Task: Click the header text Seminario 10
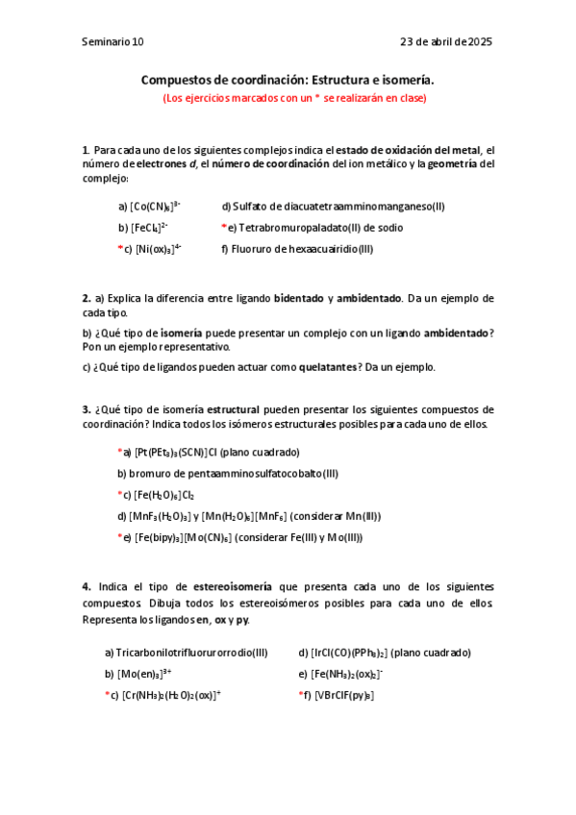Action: tap(113, 42)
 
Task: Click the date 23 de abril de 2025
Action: tap(446, 42)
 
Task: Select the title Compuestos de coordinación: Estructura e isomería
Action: tap(288, 81)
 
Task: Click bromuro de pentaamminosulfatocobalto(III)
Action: tap(227, 473)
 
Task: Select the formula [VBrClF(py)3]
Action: tap(343, 695)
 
